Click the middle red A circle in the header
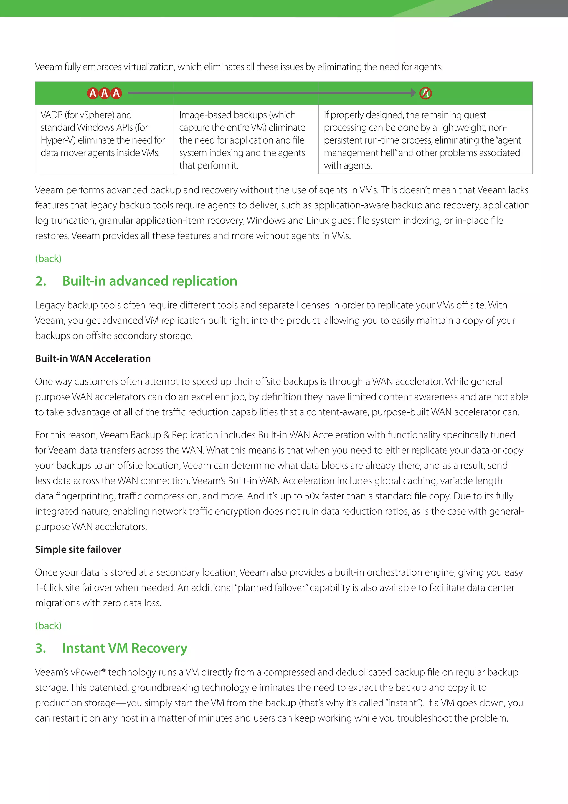104,93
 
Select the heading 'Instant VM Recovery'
125,648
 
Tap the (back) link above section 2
48,258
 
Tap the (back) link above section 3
48,625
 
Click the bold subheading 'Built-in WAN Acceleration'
93,359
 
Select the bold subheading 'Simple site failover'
78,549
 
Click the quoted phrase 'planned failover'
272,588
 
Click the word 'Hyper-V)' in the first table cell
58,140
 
